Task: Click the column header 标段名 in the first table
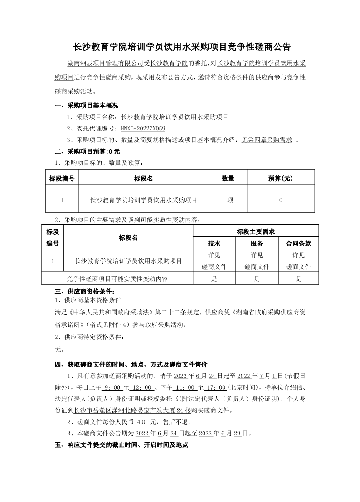[143, 179]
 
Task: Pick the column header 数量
[228, 179]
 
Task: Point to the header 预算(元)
[281, 179]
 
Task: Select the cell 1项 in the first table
[228, 199]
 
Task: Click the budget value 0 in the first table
[281, 199]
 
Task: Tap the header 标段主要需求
[256, 232]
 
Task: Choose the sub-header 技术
[214, 243]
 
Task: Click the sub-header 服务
[256, 243]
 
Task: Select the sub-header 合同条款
[298, 243]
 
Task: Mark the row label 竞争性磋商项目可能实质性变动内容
[117, 279]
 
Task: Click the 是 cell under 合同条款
[298, 279]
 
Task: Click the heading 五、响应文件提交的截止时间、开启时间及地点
[121, 445]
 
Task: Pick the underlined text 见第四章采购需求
[267, 140]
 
